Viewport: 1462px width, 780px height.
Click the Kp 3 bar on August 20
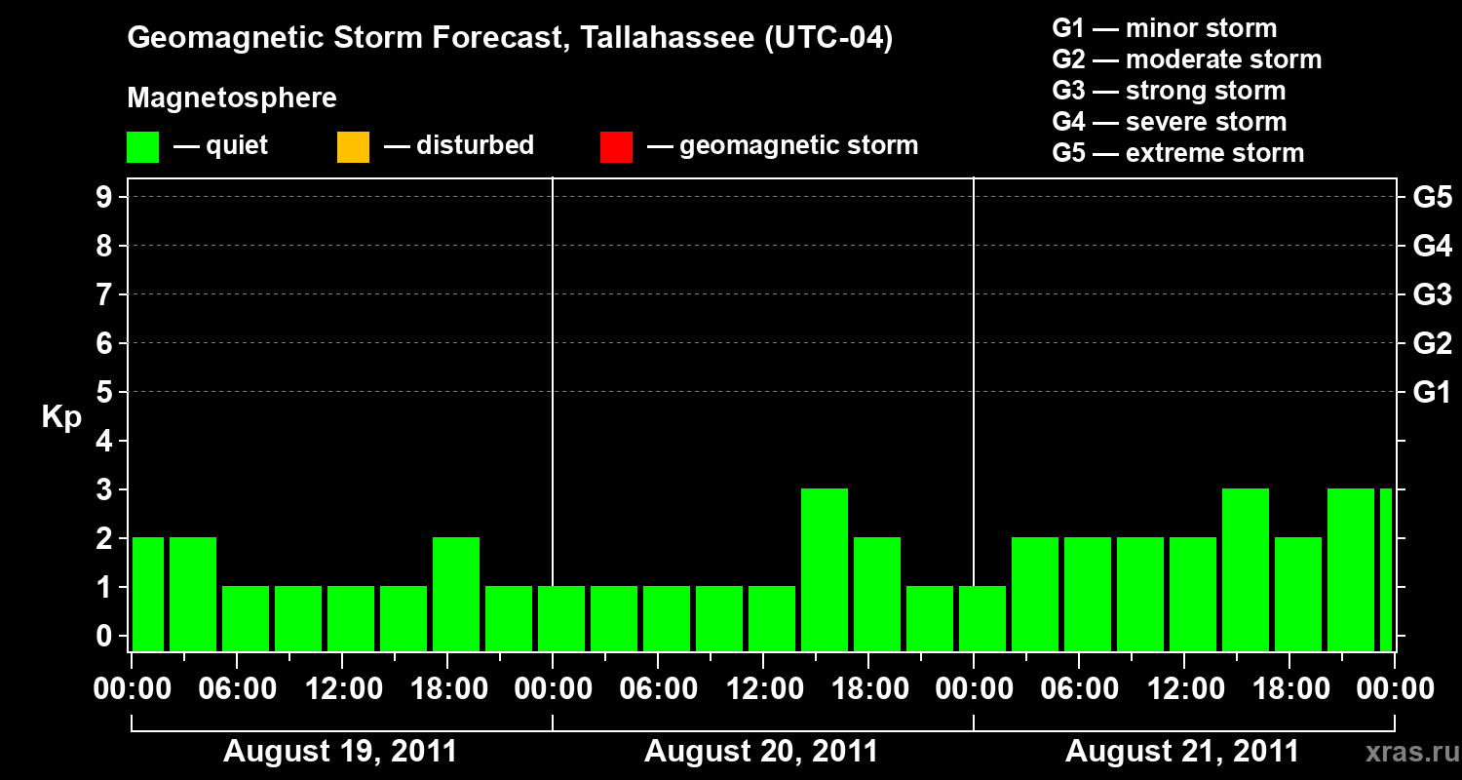point(825,569)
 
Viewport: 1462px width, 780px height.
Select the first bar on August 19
point(148,594)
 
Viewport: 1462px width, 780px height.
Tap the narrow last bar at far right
point(1386,569)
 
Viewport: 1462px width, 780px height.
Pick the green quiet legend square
point(143,147)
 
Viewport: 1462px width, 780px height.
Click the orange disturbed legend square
point(353,147)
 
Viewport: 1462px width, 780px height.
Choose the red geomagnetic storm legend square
point(616,147)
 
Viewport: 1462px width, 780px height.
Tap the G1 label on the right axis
point(1432,393)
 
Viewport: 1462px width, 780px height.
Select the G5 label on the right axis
point(1432,198)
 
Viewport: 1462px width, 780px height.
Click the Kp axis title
point(61,417)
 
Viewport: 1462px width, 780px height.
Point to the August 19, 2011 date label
point(340,752)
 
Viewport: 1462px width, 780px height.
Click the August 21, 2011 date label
point(1182,752)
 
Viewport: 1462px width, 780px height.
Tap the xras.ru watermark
point(1409,752)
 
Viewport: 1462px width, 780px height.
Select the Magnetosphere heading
point(232,98)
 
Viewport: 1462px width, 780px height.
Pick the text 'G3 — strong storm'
point(1169,91)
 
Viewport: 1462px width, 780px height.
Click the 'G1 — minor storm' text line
point(1165,28)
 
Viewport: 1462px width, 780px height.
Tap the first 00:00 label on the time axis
point(132,689)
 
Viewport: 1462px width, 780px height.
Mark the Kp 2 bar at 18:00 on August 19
point(456,594)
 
